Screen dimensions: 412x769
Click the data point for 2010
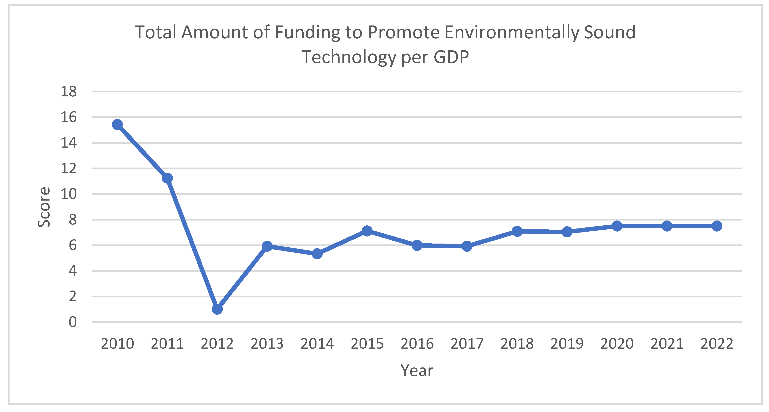pyautogui.click(x=117, y=124)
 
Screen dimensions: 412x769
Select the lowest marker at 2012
pyautogui.click(x=217, y=309)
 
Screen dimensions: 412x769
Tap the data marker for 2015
pyautogui.click(x=367, y=231)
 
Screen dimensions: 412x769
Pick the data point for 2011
pyautogui.click(x=167, y=178)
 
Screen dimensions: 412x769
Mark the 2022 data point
pyautogui.click(x=717, y=226)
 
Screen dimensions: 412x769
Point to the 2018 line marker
pyautogui.click(x=517, y=231)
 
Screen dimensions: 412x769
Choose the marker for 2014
pyautogui.click(x=317, y=254)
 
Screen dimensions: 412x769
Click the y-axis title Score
pyautogui.click(x=44, y=207)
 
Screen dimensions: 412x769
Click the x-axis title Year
pyautogui.click(x=417, y=371)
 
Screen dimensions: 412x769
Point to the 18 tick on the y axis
pyautogui.click(x=69, y=91)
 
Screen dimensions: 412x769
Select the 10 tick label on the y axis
pyautogui.click(x=69, y=194)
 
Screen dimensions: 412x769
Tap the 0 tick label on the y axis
pyautogui.click(x=73, y=322)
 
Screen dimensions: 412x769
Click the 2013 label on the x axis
pyautogui.click(x=267, y=344)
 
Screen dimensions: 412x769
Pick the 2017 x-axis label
pyautogui.click(x=467, y=344)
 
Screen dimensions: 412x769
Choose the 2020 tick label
pyautogui.click(x=617, y=344)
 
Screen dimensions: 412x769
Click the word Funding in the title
pyautogui.click(x=307, y=32)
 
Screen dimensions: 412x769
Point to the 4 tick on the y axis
pyautogui.click(x=73, y=271)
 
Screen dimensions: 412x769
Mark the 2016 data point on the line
pyautogui.click(x=417, y=245)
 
